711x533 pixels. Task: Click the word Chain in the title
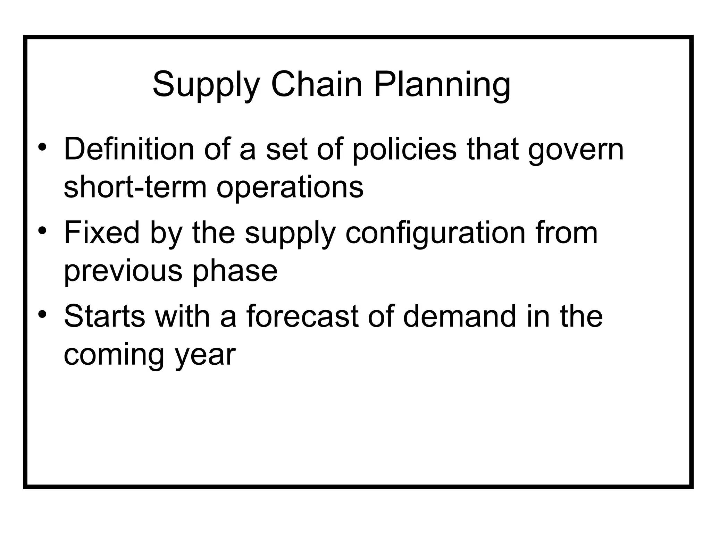(316, 85)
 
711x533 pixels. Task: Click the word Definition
(129, 149)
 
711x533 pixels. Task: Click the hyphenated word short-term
(135, 187)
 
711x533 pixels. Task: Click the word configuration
(435, 234)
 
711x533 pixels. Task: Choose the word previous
(123, 271)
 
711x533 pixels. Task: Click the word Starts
(104, 316)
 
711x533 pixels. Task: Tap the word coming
(114, 355)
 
